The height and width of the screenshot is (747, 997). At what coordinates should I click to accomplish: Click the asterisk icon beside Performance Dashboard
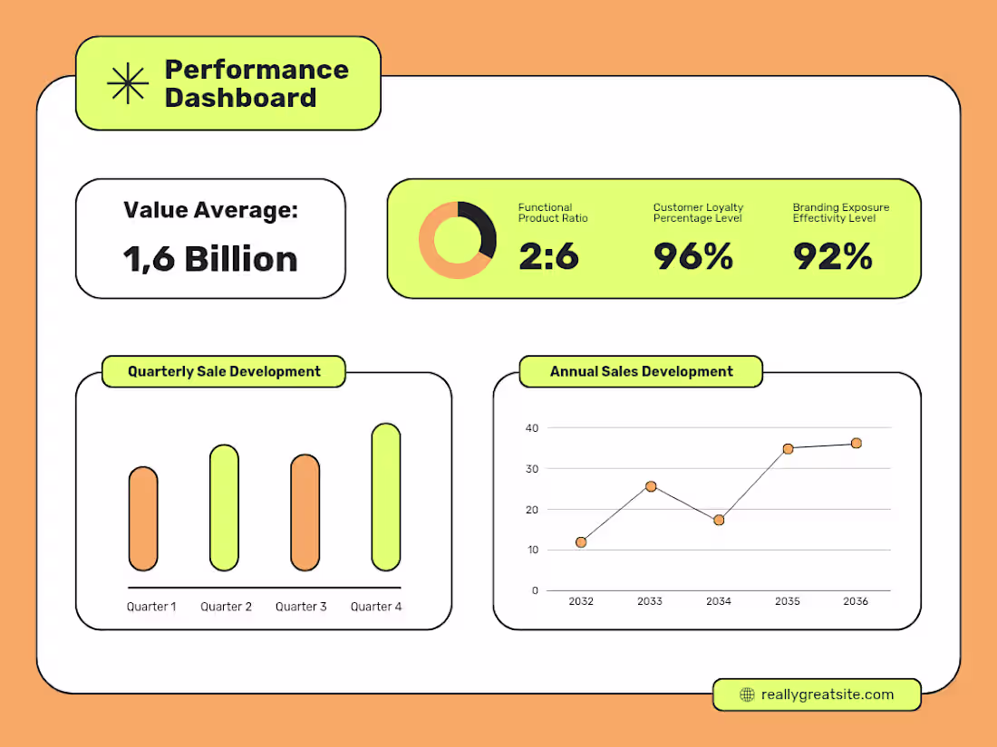[x=128, y=83]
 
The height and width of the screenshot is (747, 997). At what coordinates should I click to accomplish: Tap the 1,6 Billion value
[x=210, y=259]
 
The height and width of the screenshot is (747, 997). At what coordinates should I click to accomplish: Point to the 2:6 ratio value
[x=548, y=256]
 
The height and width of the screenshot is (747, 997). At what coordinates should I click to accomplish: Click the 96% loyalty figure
[x=693, y=256]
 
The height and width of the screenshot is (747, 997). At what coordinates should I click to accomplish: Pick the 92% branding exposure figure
[x=833, y=256]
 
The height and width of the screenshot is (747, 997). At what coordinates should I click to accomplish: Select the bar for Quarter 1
[x=143, y=519]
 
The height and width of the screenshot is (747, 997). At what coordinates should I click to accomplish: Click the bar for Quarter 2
[x=224, y=508]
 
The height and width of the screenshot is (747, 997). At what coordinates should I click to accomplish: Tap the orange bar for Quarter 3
[x=305, y=512]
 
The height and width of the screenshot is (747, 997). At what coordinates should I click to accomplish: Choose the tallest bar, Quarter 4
[x=385, y=497]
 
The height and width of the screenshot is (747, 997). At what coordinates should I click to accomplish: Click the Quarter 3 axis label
[x=301, y=607]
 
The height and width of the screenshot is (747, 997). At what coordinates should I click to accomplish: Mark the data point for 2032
[x=581, y=542]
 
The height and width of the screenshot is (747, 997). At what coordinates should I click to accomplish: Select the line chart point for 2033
[x=651, y=486]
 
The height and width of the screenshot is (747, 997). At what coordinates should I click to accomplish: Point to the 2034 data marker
[x=719, y=520]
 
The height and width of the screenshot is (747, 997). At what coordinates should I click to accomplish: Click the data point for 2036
[x=856, y=443]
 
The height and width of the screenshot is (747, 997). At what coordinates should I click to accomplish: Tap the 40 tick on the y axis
[x=531, y=427]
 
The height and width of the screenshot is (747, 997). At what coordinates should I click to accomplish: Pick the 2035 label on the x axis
[x=788, y=601]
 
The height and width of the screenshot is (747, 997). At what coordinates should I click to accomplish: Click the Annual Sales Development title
[x=641, y=371]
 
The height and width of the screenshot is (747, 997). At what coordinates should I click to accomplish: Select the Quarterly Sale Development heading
[x=224, y=371]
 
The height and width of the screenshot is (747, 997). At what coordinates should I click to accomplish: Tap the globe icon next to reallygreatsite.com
[x=747, y=694]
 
